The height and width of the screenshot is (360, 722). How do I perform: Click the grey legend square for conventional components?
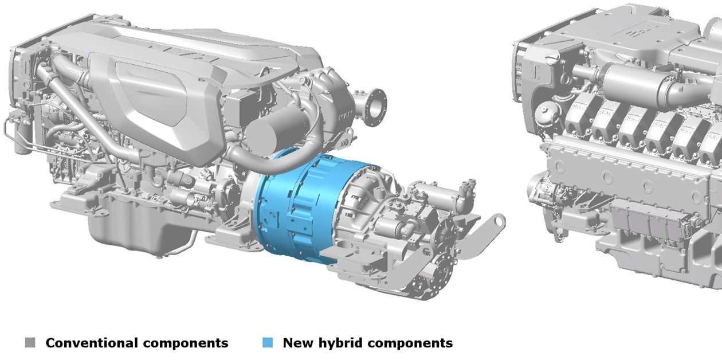pyautogui.click(x=30, y=343)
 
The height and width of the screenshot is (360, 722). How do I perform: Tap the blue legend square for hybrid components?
pyautogui.click(x=268, y=343)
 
